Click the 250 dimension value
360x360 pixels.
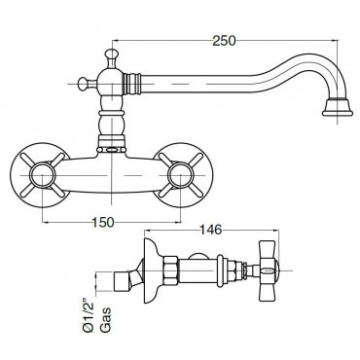click(225, 41)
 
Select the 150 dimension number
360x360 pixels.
click(103, 222)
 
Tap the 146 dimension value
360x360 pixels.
click(210, 230)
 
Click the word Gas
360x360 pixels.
click(106, 319)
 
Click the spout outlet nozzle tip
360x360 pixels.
click(338, 108)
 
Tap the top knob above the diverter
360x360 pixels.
click(112, 55)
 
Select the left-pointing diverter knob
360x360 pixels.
click(86, 84)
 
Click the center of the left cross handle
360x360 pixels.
click(43, 175)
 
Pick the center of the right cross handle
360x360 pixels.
click(180, 175)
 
